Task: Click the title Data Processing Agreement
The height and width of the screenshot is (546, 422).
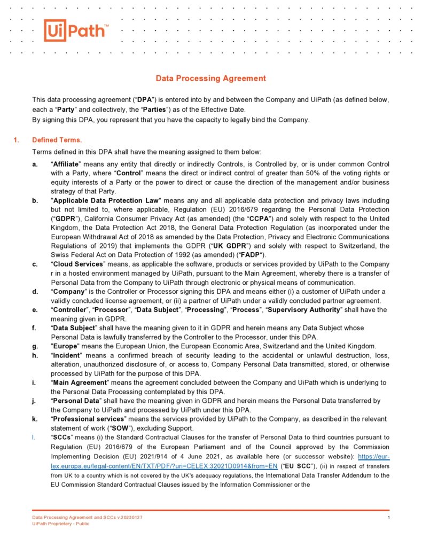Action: (210, 79)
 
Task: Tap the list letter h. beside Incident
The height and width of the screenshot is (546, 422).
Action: (35, 355)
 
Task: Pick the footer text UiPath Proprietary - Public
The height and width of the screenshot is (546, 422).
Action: (61, 524)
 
